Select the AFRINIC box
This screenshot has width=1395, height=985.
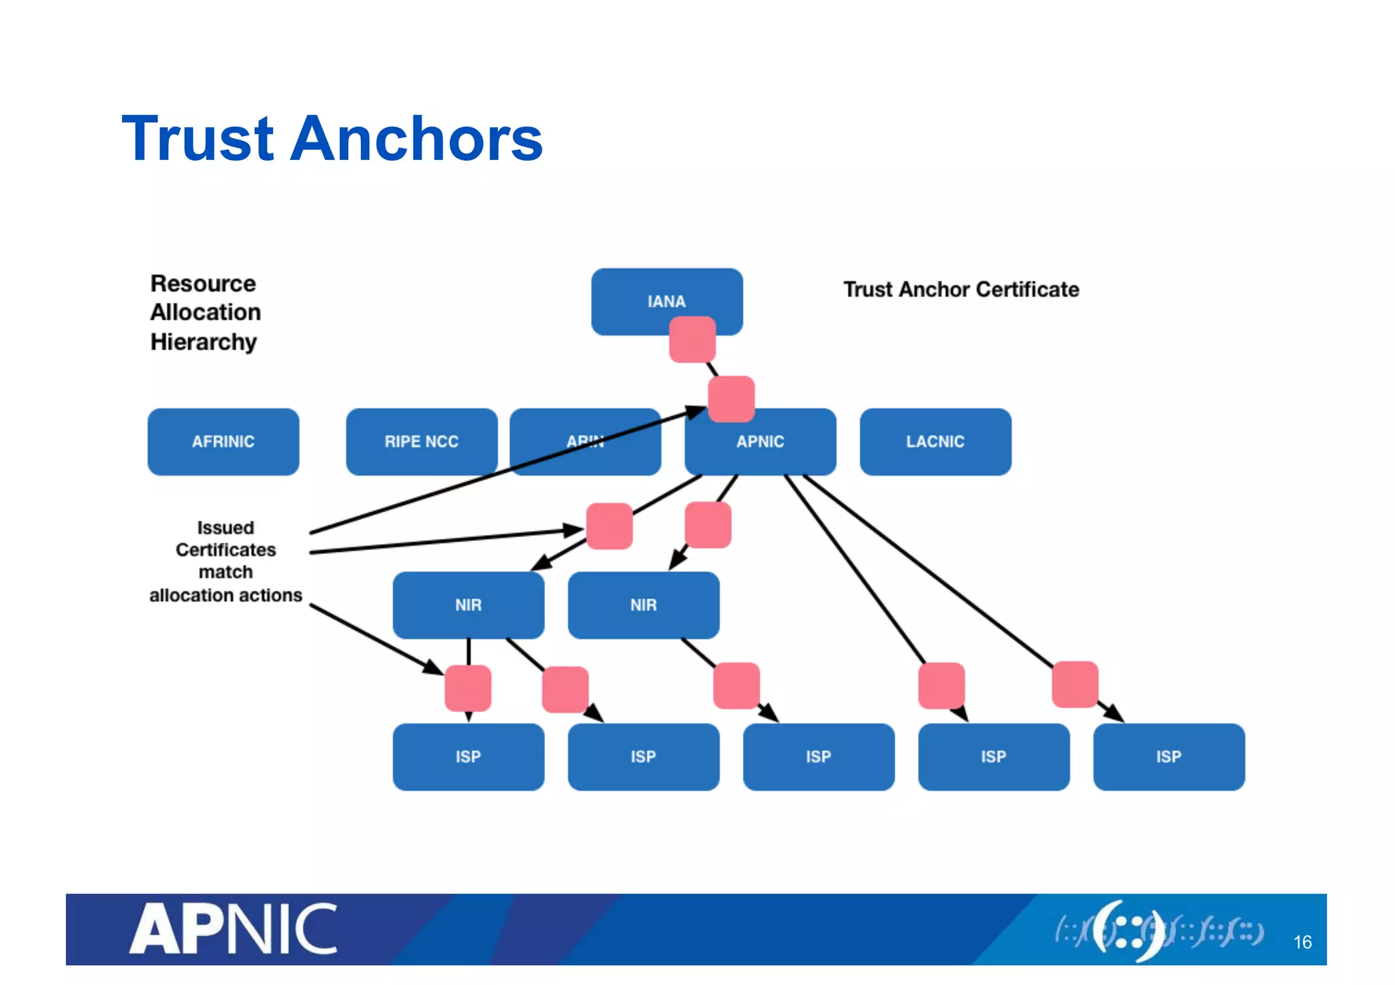[x=223, y=441]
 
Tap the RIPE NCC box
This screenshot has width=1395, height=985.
[x=421, y=441]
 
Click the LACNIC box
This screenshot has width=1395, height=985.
[x=935, y=441]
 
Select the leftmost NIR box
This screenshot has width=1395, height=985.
[x=468, y=604]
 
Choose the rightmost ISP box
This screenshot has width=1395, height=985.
[x=1168, y=756]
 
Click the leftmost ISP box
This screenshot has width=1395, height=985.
[x=468, y=756]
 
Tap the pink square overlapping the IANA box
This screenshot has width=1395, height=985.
[x=692, y=339]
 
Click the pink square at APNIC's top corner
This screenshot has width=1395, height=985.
[x=731, y=399]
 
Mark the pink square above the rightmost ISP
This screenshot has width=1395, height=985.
[x=1075, y=684]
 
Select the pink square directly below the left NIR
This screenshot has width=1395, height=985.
[x=468, y=688]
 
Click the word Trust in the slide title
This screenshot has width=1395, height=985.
[x=198, y=140]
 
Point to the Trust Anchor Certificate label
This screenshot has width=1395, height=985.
[x=960, y=289]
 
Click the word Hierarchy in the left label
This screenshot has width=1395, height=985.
[x=203, y=342]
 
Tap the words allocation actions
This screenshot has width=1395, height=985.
[x=225, y=595]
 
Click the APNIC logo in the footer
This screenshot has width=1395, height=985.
[x=234, y=929]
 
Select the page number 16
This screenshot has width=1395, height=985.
[x=1302, y=942]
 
